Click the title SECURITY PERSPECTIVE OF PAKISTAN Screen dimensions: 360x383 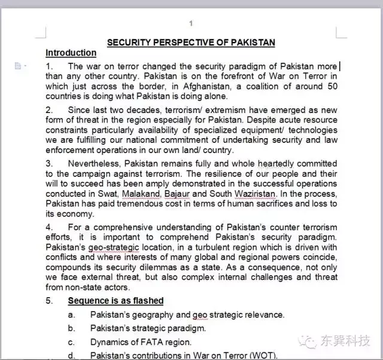[191, 42]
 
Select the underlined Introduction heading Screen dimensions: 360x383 [71, 53]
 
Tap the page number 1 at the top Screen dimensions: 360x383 [191, 23]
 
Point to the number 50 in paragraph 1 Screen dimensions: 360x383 [332, 86]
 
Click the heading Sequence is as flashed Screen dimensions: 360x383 [115, 301]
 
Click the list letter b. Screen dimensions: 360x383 [71, 328]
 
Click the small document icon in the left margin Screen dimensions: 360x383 [18, 66]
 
